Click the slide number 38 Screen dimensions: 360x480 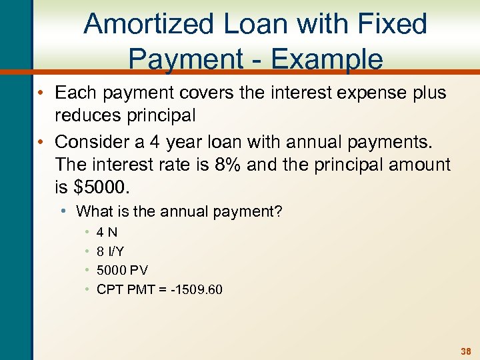(467, 351)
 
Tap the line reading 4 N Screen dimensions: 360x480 (107, 233)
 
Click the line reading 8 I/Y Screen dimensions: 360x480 (110, 251)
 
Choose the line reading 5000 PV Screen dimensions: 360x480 (122, 270)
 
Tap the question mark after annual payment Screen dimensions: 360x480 (279, 212)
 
